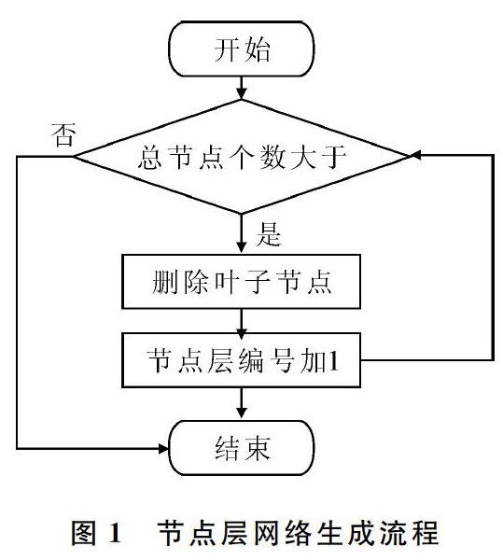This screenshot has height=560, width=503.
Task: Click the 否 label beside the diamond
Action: pyautogui.click(x=63, y=135)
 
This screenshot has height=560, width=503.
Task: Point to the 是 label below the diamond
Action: pyautogui.click(x=269, y=234)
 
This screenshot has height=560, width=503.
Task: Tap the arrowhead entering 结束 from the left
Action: pyautogui.click(x=163, y=448)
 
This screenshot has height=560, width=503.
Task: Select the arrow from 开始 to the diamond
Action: pyautogui.click(x=242, y=88)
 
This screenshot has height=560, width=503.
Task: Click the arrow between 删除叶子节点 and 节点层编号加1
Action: pyautogui.click(x=242, y=321)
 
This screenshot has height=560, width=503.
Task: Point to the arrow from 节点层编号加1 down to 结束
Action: pyautogui.click(x=242, y=404)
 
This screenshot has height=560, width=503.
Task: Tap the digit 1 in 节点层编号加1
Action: pyautogui.click(x=333, y=360)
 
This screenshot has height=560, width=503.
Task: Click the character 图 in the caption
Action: pyautogui.click(x=84, y=533)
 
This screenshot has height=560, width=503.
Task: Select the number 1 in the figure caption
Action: pyautogui.click(x=115, y=534)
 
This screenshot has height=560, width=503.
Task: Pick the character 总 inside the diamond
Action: pyautogui.click(x=150, y=157)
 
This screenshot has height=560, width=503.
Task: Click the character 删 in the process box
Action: pyautogui.click(x=164, y=282)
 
